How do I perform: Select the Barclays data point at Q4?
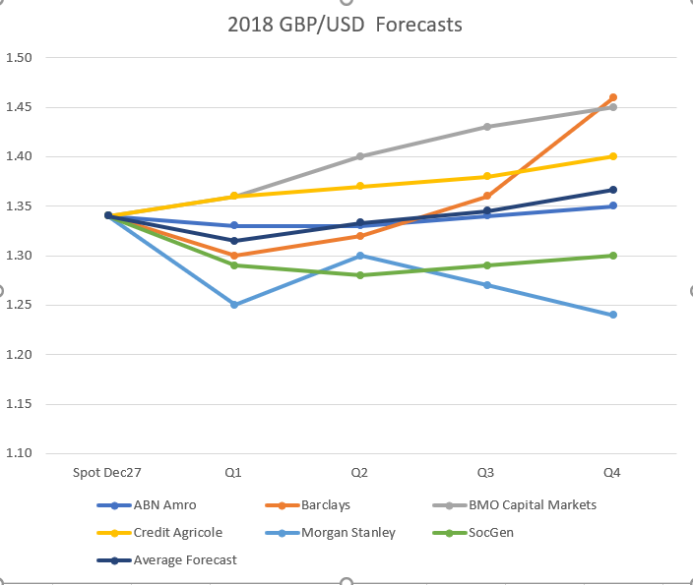tap(612, 97)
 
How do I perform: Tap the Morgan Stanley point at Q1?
tap(233, 305)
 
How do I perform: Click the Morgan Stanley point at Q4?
tap(612, 315)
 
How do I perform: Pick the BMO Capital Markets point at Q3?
tap(486, 127)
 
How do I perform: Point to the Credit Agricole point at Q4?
tap(612, 156)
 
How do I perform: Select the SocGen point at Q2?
tap(360, 275)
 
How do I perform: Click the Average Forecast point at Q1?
tap(233, 241)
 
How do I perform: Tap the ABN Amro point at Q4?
tap(612, 206)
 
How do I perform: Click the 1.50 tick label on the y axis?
tap(20, 58)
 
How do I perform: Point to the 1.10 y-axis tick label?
tap(20, 453)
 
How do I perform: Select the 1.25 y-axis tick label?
tap(20, 305)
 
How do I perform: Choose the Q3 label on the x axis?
tap(486, 474)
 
